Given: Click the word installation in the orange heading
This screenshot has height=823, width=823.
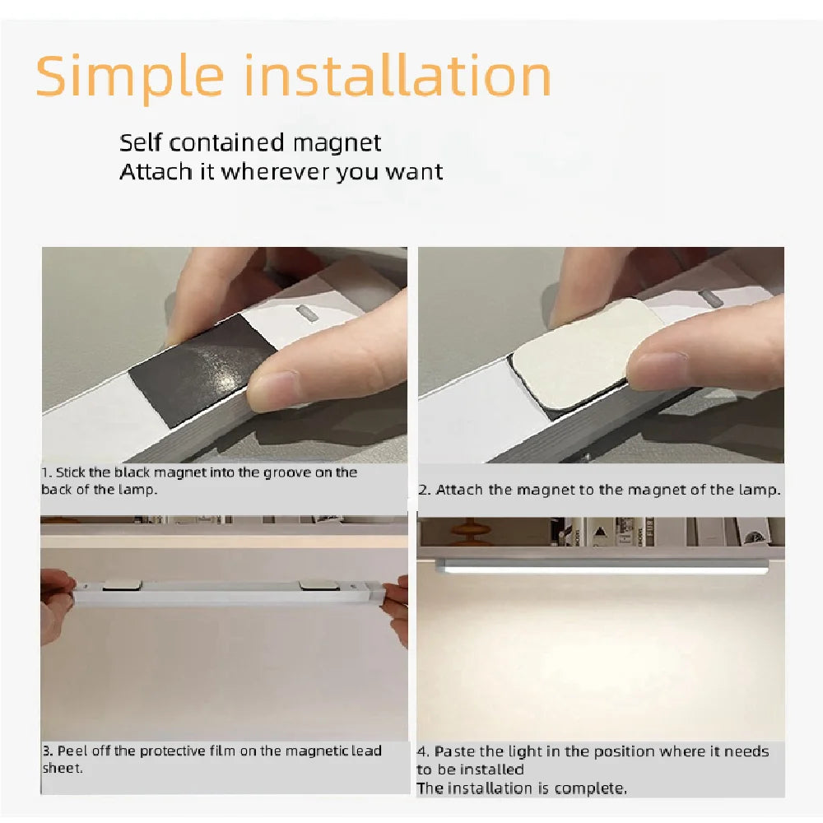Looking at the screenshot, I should click(399, 76).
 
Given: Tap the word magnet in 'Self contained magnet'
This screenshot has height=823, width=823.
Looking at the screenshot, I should click(340, 143).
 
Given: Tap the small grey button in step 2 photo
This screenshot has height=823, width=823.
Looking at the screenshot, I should click(714, 298).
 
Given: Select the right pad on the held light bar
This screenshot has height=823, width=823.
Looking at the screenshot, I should click(319, 584).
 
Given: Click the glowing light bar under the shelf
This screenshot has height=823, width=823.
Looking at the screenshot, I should click(601, 566).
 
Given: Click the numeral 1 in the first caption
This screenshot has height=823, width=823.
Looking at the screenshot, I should click(46, 472).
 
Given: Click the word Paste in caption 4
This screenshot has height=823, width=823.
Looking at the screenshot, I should click(453, 751).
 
